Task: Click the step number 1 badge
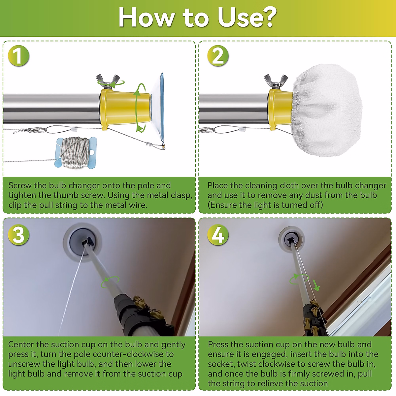point(18,56)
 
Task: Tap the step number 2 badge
point(218,56)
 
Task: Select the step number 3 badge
point(18,235)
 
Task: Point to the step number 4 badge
point(218,235)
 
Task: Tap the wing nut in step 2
point(276,81)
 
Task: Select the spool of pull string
point(76,153)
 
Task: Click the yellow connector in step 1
point(125,109)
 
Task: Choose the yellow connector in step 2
point(281,109)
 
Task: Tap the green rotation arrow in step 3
point(110,282)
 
